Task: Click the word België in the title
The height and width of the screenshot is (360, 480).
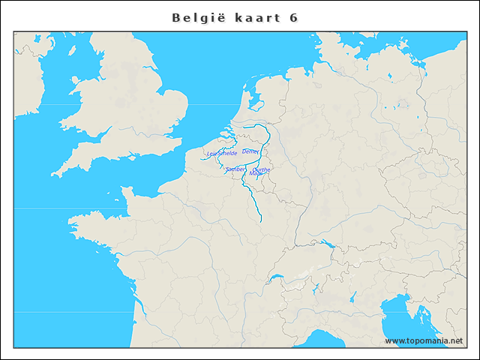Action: tap(196, 17)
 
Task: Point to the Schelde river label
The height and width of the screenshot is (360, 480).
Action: tap(227, 153)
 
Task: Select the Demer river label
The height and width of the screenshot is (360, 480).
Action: tap(250, 151)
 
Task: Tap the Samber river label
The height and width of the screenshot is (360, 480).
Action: tap(235, 169)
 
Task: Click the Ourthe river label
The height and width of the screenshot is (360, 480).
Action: tap(262, 169)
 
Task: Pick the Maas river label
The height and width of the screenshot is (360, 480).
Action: tap(255, 174)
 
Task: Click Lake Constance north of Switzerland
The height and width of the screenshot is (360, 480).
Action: tap(327, 243)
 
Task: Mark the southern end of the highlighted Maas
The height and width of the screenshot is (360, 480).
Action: tap(260, 221)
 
